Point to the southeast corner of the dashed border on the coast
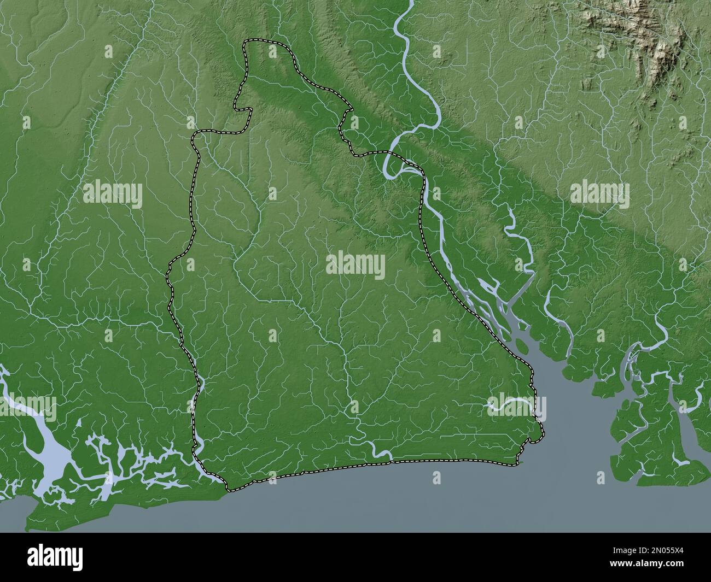click(x=517, y=463)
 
